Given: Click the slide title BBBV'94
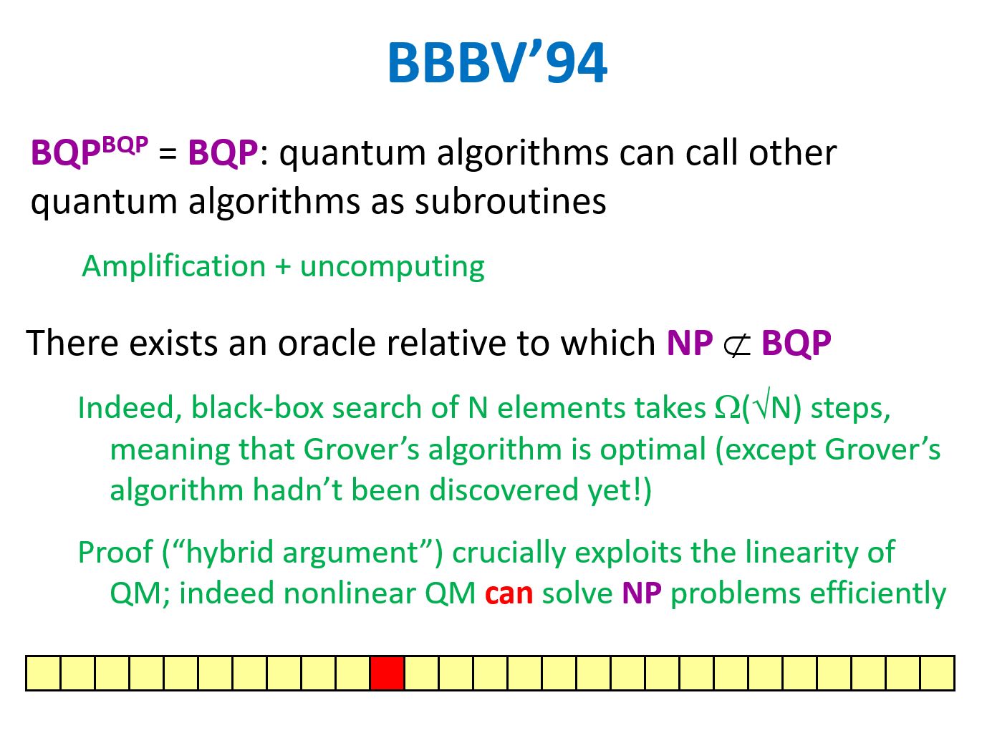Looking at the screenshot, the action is [497, 62].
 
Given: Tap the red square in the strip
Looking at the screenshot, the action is [387, 673].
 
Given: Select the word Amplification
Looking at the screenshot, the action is [174, 267].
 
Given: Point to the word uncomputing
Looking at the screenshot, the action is [393, 268].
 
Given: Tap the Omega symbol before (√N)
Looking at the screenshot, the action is [728, 408].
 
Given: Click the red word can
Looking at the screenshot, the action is [509, 593].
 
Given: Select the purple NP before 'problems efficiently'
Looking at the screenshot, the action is [642, 593].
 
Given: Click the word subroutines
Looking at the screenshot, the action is [511, 202].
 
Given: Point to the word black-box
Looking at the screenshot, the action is [257, 408].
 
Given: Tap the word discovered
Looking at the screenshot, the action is [504, 490].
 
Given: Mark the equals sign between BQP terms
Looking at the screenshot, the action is [168, 154].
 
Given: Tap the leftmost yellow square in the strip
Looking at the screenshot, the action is [44, 673].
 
